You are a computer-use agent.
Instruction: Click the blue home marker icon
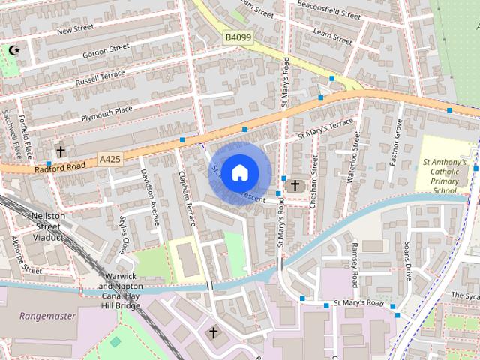(238, 173)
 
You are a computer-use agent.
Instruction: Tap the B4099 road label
(238, 35)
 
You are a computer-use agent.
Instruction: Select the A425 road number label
(109, 160)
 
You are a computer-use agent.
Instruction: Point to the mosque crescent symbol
(13, 51)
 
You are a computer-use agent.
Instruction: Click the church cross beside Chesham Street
(295, 184)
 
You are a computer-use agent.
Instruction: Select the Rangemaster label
(48, 316)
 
